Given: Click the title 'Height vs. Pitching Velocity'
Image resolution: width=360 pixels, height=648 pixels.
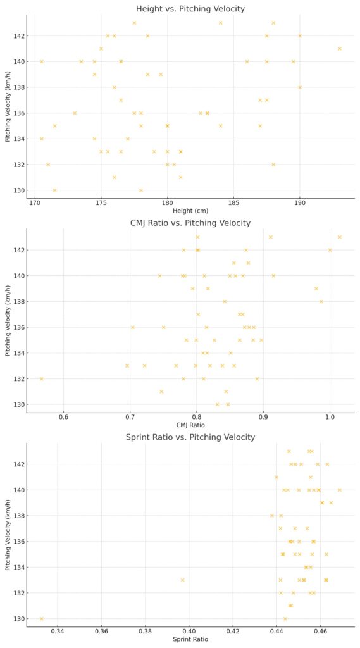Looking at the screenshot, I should pos(190,9).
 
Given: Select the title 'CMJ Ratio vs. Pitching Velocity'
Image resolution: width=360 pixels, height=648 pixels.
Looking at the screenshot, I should pos(190,223).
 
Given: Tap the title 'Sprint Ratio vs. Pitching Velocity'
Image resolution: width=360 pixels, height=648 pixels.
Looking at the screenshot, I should pos(190,437).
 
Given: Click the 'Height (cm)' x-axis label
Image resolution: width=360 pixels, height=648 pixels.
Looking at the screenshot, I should pos(190,211).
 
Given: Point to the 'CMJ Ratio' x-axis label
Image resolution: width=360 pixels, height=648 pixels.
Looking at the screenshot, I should pos(190,425).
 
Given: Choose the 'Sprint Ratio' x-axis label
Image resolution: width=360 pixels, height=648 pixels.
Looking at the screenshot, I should pos(190,639).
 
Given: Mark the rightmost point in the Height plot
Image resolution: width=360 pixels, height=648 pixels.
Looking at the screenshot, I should pos(340,49).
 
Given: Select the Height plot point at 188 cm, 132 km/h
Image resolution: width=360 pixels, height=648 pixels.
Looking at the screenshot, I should pos(273,165).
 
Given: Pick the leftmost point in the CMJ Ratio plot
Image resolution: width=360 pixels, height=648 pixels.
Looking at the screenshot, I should pos(42,378).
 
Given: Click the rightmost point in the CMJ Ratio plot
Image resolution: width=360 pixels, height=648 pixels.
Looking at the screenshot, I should pos(340,237).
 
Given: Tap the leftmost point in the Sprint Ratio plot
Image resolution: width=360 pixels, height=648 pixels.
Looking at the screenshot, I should pos(42,618).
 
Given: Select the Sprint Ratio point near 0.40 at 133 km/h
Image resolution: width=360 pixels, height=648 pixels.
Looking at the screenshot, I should pos(182,580).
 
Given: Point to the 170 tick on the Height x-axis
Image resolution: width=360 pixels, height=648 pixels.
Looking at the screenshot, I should pos(35,203).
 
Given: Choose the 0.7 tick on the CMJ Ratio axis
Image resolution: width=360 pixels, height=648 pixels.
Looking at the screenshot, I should pos(130,417).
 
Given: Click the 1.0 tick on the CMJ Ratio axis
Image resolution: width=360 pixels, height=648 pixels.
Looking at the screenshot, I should pos(330,417).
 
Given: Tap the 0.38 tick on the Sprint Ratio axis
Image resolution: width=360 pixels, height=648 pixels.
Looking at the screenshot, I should pos(146,632).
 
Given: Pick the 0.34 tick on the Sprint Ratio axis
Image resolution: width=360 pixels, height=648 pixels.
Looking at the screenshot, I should pos(58,632).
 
